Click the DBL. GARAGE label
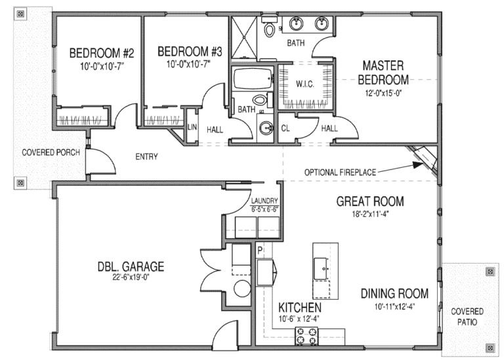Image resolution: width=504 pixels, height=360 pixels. [131, 267]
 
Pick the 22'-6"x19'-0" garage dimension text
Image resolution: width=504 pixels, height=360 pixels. [131, 279]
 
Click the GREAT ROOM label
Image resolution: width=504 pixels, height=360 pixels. [370, 201]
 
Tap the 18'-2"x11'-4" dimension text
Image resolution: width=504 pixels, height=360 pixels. [370, 213]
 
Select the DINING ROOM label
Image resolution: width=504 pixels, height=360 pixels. [394, 293]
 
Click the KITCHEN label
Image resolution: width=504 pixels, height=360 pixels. [299, 308]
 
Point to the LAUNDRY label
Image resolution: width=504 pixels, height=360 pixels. [265, 201]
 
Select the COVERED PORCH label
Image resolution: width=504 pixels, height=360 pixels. [51, 153]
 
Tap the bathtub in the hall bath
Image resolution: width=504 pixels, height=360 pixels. [253, 79]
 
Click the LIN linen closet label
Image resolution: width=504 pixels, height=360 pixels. [192, 127]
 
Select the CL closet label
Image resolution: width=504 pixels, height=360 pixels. [285, 128]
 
